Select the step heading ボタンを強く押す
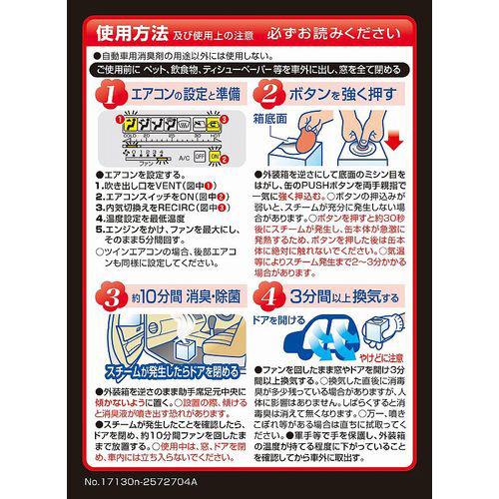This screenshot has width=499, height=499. (x=345, y=96)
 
